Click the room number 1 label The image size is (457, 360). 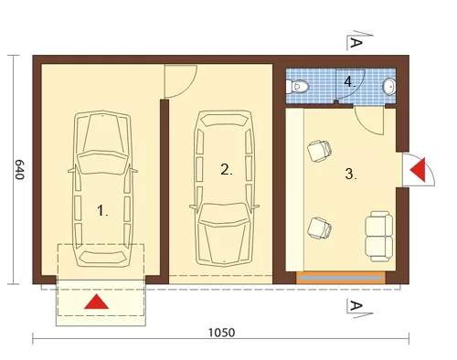[x=102, y=210]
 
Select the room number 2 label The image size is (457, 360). [x=226, y=169]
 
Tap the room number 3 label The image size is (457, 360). [x=351, y=174]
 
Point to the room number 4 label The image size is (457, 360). [x=350, y=82]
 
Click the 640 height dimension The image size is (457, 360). [x=19, y=169]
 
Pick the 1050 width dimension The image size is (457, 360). [x=221, y=333]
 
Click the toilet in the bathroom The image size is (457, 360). [x=297, y=87]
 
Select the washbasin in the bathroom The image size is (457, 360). [x=389, y=86]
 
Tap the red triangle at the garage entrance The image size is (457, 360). [x=96, y=302]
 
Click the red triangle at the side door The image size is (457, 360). [x=418, y=170]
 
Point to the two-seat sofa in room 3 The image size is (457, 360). [x=378, y=237]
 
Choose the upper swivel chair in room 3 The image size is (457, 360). [x=319, y=151]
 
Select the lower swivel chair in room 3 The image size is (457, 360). [x=319, y=228]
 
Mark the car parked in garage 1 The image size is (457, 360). [x=102, y=189]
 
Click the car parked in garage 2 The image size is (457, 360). [x=225, y=189]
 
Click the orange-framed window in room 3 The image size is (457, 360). [x=341, y=278]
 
